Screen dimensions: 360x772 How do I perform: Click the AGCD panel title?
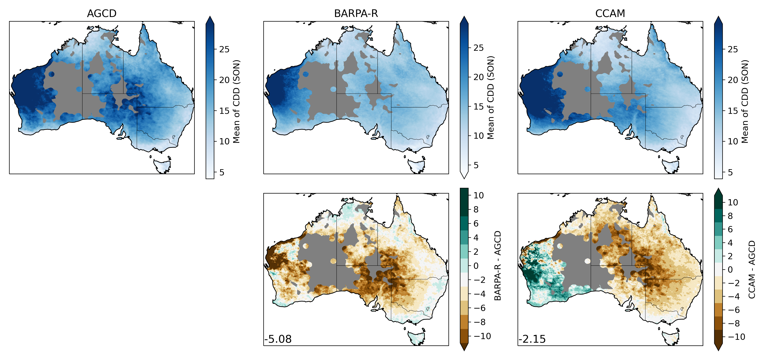pos(102,14)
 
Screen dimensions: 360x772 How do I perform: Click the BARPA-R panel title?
pos(356,14)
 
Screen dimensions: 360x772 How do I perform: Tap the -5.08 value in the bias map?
pos(278,339)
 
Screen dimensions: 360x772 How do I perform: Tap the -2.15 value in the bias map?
pos(532,339)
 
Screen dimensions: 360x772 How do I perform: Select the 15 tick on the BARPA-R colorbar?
pos(478,106)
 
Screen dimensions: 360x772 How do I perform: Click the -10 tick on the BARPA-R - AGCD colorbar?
pos(482,336)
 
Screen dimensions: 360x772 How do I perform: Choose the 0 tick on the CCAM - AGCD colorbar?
pos(730,269)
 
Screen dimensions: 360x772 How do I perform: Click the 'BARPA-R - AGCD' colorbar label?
pos(498,266)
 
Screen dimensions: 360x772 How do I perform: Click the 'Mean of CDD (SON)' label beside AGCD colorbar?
pos(236,102)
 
